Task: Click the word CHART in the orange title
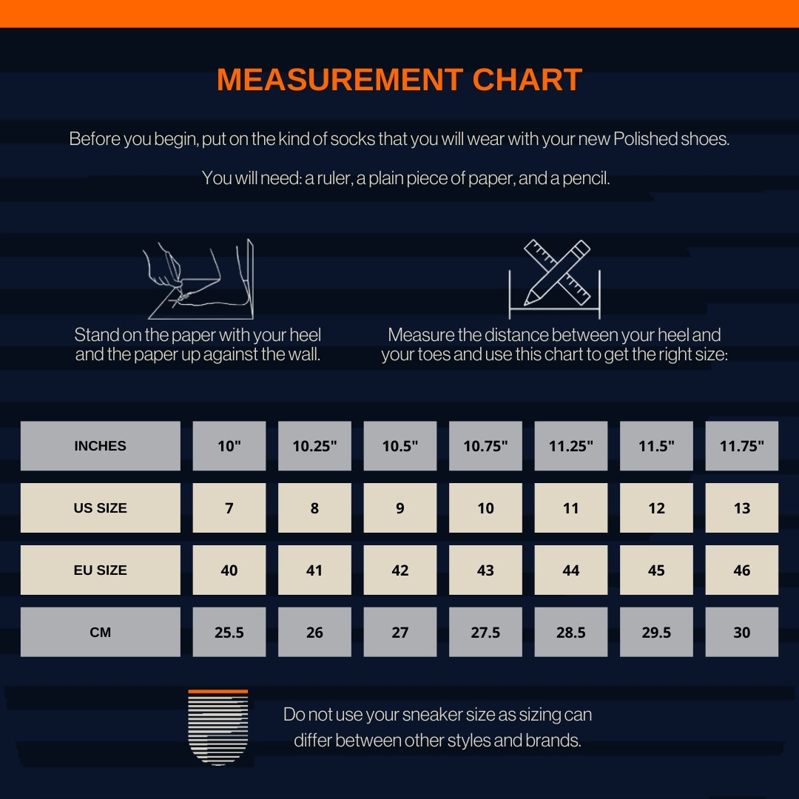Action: click(x=527, y=79)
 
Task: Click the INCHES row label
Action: click(x=101, y=446)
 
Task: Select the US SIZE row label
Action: click(x=101, y=508)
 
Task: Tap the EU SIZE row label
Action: click(x=101, y=570)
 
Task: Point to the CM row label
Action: click(x=101, y=632)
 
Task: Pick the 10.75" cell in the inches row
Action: click(x=485, y=446)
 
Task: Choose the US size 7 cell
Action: click(x=229, y=508)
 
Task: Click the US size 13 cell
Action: click(x=742, y=508)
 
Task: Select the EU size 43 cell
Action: click(x=485, y=570)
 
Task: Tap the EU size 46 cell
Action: click(x=742, y=570)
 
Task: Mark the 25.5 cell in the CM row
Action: click(x=229, y=632)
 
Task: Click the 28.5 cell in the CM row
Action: click(x=571, y=632)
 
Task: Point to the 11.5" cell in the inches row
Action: click(x=656, y=446)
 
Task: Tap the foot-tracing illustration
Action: click(x=199, y=279)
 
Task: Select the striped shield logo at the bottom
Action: click(x=218, y=727)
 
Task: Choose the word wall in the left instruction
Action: click(x=305, y=354)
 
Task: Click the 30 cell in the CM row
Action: click(x=742, y=632)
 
